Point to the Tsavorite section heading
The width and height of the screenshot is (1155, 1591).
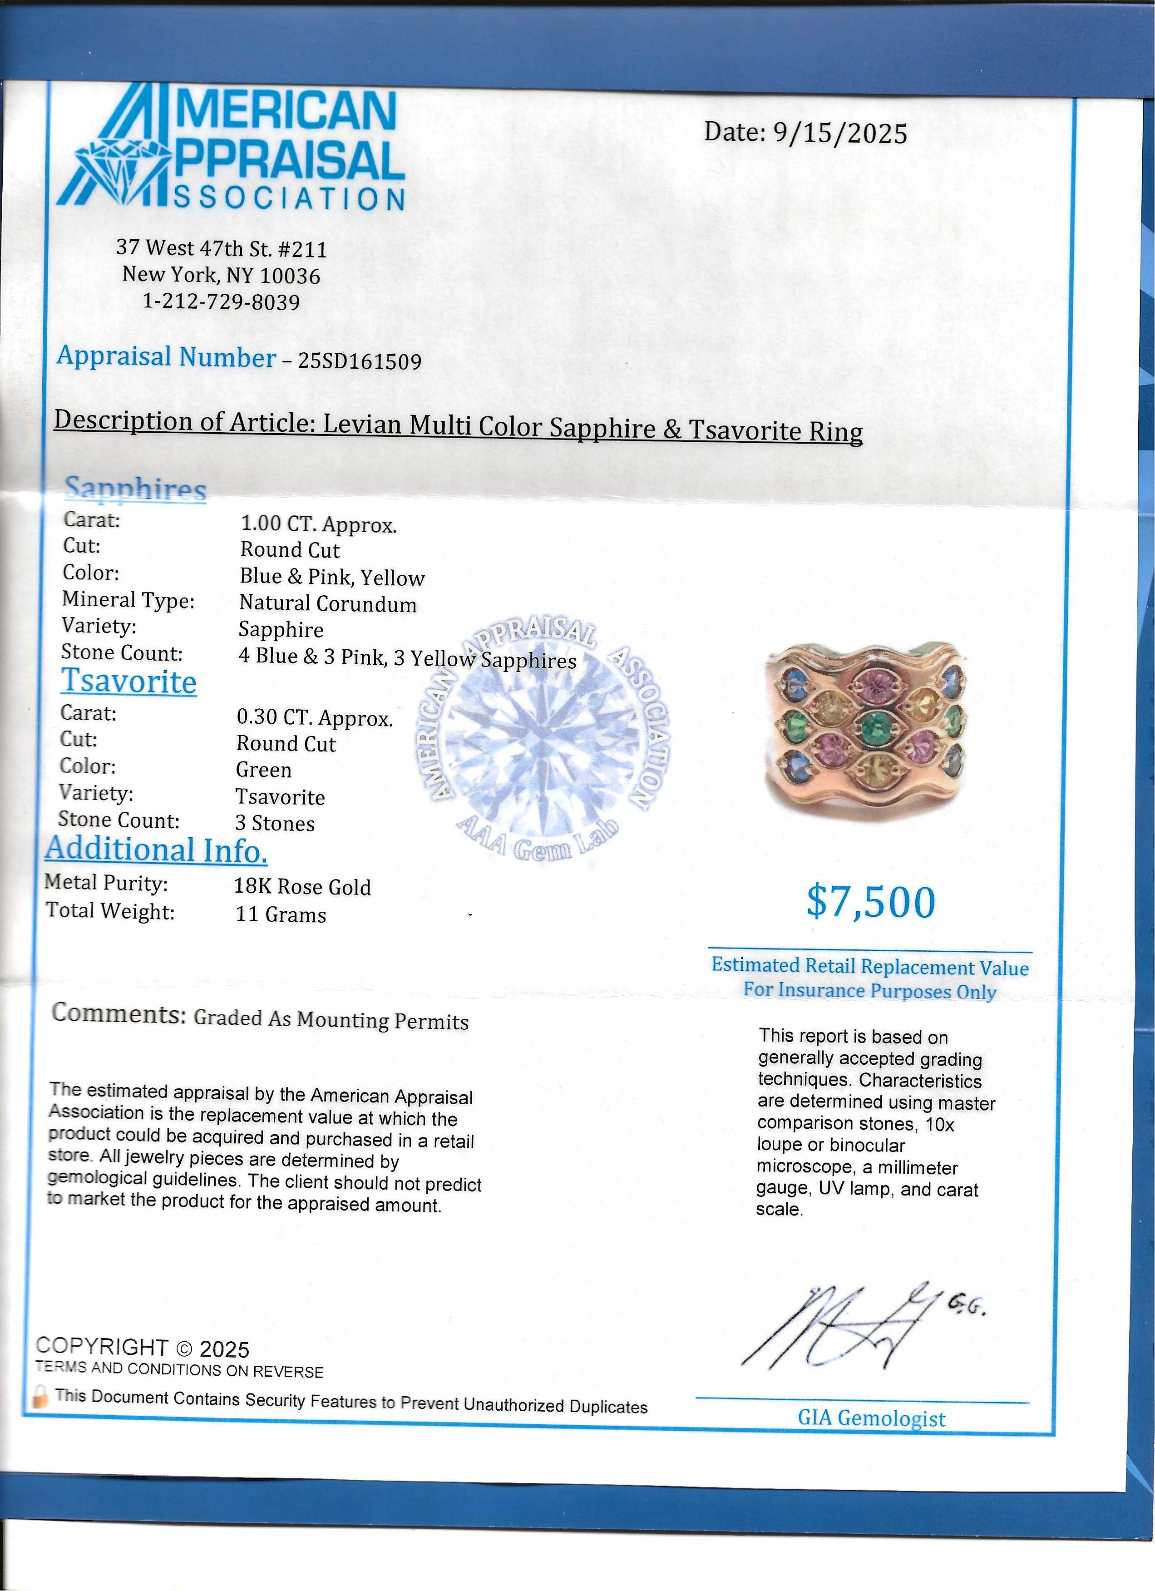pos(129,682)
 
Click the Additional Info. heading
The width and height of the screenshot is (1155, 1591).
pos(156,850)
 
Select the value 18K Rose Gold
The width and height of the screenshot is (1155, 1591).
pos(302,887)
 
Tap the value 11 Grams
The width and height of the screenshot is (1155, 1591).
pos(281,915)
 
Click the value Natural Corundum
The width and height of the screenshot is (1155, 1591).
pos(327,603)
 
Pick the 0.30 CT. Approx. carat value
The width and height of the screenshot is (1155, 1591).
pos(314,718)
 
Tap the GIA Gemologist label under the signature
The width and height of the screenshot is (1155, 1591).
pos(871,1418)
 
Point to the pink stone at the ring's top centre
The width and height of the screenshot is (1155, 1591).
pos(874,682)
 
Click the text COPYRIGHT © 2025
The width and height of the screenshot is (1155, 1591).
pos(143,1348)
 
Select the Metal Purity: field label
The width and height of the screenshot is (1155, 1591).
pos(107,883)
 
